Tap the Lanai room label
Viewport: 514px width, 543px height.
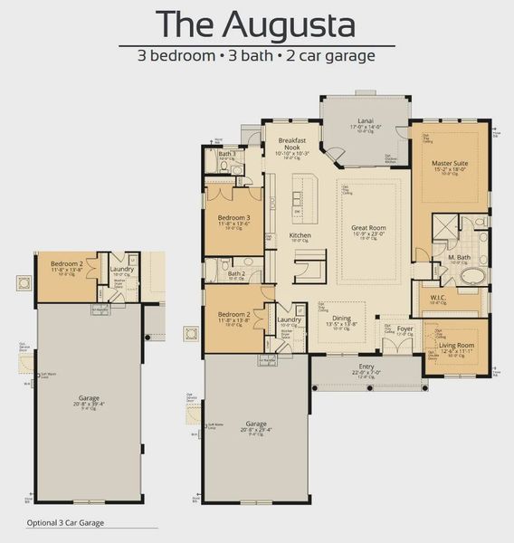tap(366, 119)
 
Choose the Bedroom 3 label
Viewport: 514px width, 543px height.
tap(233, 217)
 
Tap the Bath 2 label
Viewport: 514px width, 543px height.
tap(236, 272)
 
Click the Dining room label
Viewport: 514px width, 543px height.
tap(340, 318)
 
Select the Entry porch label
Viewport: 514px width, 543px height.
tap(366, 366)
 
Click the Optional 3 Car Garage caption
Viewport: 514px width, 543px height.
tap(65, 522)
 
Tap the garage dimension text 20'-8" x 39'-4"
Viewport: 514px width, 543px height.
tap(88, 404)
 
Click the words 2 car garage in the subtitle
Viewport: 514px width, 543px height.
tap(334, 54)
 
